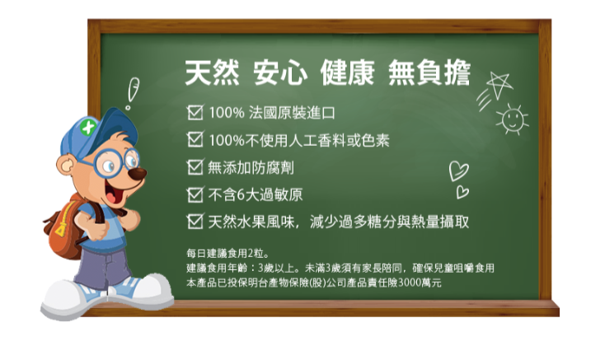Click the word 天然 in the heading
(x=212, y=72)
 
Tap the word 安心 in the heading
(x=280, y=72)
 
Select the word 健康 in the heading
(x=347, y=72)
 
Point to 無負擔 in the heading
(x=429, y=72)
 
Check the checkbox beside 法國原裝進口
(x=195, y=112)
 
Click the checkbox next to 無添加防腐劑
(x=195, y=167)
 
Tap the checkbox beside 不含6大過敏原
(x=195, y=194)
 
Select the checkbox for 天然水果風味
(x=195, y=222)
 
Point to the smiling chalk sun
(x=513, y=119)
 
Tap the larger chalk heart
(x=458, y=171)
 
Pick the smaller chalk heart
(x=462, y=192)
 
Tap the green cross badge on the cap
(x=88, y=127)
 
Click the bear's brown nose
(x=138, y=174)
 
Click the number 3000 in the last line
(x=410, y=283)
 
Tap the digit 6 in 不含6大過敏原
(x=241, y=194)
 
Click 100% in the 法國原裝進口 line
(x=227, y=113)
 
